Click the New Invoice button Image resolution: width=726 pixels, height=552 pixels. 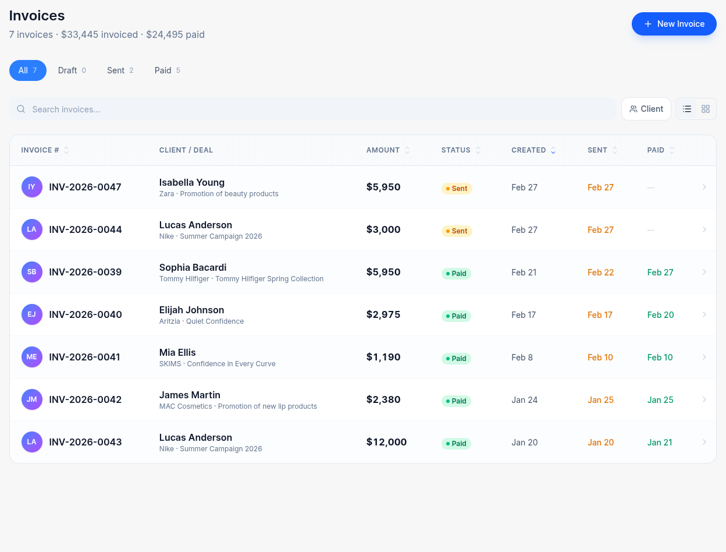674,24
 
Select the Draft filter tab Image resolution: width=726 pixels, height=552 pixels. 72,70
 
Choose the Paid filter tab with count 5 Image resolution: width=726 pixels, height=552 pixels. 167,70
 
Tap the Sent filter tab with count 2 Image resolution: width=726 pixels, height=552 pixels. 120,70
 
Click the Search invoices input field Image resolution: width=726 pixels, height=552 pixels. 314,109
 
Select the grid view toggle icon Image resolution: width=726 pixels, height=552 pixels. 705,109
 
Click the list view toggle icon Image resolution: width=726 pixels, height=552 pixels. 687,109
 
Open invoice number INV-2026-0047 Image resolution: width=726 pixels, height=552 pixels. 85,187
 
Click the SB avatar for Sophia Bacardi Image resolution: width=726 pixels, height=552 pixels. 32,272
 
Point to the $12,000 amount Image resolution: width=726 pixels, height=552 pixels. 386,443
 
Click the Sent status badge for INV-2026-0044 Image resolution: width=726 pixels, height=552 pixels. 457,231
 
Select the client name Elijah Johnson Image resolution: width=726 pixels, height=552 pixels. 191,310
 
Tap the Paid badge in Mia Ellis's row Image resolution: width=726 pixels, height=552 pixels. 456,359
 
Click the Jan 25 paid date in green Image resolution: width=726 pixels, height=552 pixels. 660,400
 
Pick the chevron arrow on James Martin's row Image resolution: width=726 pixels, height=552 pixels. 704,399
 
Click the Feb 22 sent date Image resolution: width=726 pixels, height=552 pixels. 600,273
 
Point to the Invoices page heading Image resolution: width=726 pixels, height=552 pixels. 37,16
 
